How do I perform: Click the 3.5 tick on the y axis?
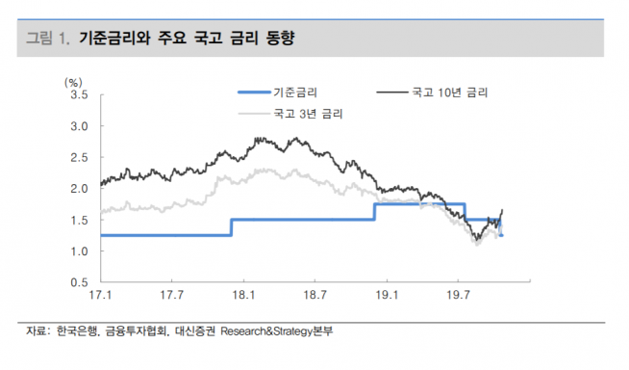point(80,95)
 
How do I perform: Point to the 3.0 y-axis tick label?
point(80,126)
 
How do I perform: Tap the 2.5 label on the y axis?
point(80,158)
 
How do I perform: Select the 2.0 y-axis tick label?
point(80,189)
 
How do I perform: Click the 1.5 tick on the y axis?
point(80,221)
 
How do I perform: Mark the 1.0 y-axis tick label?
point(80,251)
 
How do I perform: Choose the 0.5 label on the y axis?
point(80,282)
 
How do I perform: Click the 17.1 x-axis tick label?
point(99,296)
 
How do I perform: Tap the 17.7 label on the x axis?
point(171,296)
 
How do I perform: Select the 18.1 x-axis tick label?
point(243,296)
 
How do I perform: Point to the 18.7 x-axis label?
point(314,296)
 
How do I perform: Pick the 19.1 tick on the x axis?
point(387,296)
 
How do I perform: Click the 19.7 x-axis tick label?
point(458,296)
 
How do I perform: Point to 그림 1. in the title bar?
point(48,40)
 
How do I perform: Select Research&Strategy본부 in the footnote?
point(282,332)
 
